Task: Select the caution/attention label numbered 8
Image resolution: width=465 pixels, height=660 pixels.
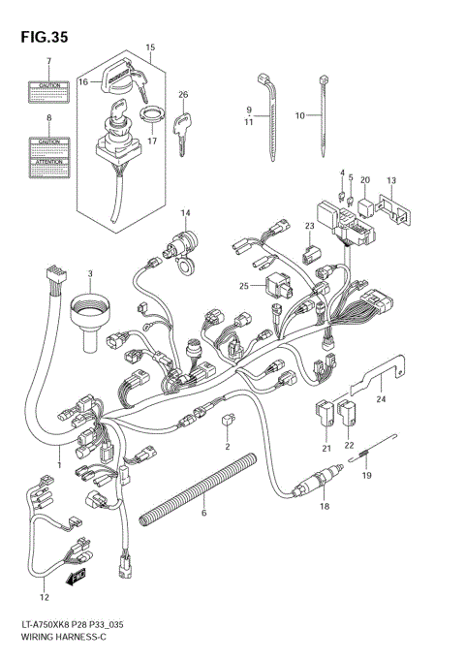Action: click(x=48, y=154)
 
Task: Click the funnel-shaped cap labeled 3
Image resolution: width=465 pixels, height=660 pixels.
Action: click(x=90, y=309)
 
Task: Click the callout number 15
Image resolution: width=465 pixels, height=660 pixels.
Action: click(x=149, y=47)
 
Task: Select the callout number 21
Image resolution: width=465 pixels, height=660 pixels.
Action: click(x=326, y=448)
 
